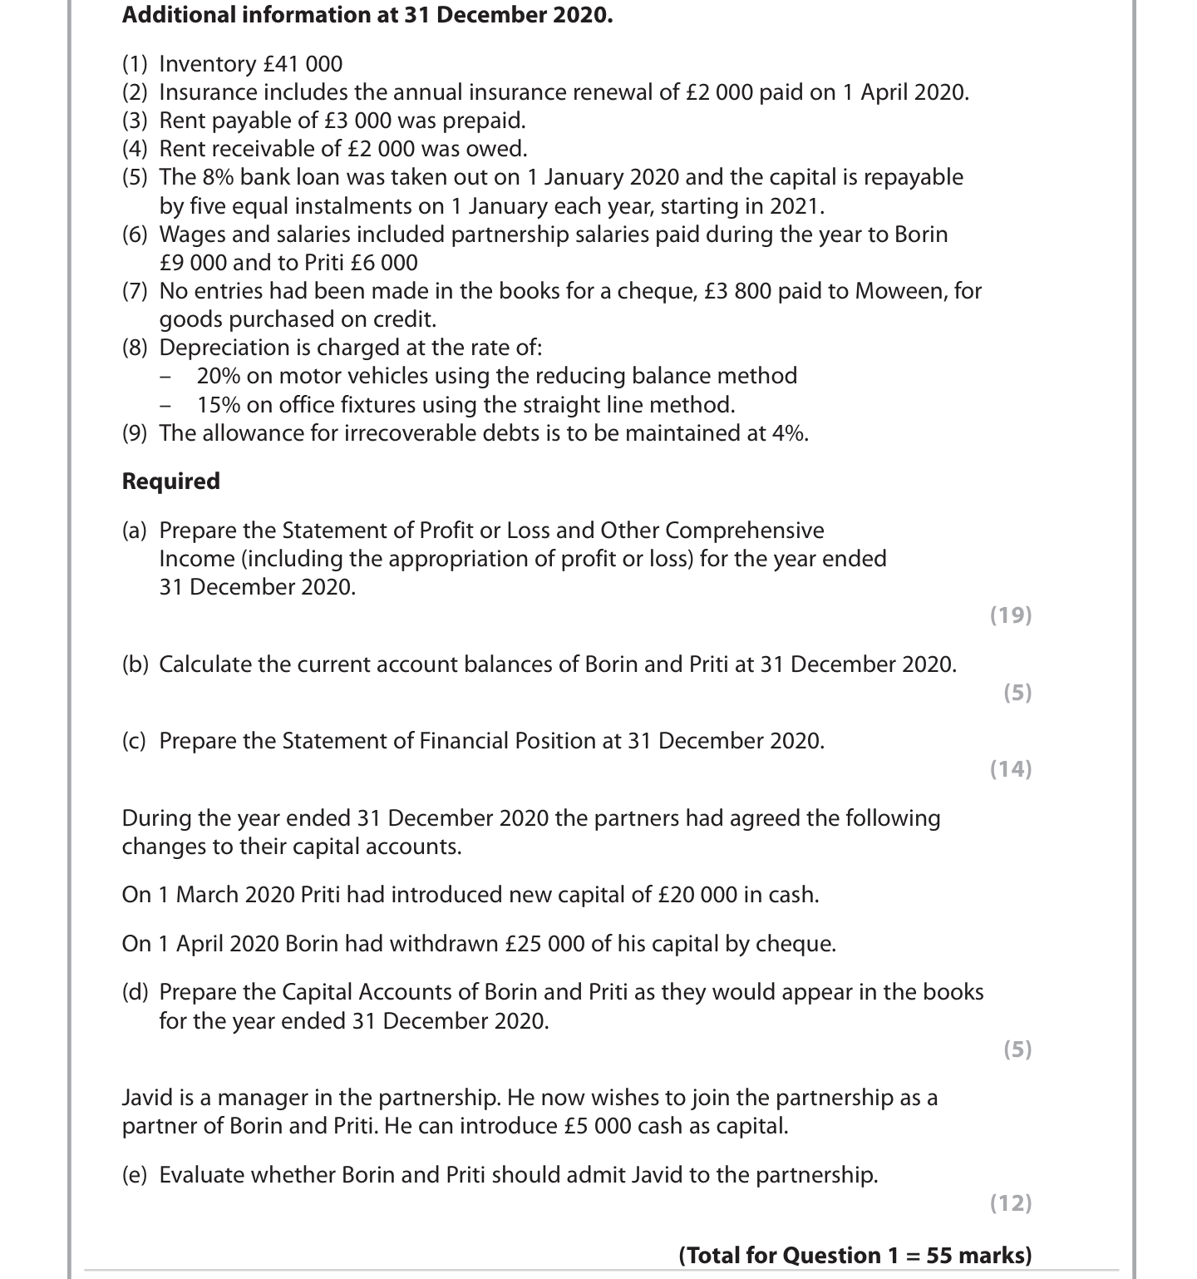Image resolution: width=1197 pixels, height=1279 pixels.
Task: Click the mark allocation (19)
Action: pos(1011,615)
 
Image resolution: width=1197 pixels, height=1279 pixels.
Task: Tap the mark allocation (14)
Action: pos(1011,769)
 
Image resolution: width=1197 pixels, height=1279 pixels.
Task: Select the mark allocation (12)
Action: pos(1011,1203)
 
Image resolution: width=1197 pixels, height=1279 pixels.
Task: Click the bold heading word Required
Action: pos(171,481)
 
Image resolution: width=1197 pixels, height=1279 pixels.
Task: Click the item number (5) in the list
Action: pos(135,177)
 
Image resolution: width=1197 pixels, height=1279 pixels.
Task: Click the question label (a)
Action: pos(135,531)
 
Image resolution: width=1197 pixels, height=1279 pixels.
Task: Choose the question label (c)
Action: pos(135,741)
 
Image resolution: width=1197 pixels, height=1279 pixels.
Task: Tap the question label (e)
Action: pos(135,1175)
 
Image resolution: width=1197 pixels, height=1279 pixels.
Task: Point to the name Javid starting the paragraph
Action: pos(147,1098)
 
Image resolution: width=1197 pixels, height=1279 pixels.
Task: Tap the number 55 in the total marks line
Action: pos(939,1255)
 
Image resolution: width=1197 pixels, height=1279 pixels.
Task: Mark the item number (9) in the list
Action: pos(135,433)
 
